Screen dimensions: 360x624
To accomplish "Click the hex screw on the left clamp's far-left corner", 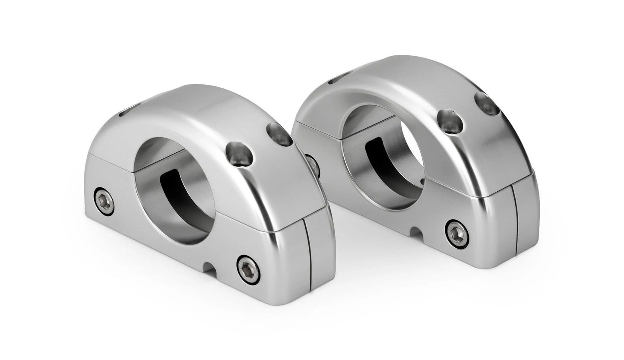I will click(104, 201).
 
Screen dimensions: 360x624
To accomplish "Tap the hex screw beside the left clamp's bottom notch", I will click(248, 269).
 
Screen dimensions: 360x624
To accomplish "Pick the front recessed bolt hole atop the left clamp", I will click(239, 153).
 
